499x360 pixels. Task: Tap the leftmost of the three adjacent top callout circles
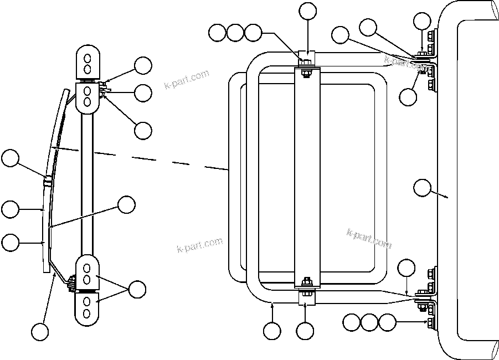tap(218, 33)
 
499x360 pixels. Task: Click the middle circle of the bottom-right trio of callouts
tap(369, 322)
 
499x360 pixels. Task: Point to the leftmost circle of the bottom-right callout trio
tap(352, 322)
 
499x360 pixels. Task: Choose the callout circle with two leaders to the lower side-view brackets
tap(137, 289)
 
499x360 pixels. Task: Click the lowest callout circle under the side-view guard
tap(39, 332)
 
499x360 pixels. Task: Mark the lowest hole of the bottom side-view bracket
tap(87, 314)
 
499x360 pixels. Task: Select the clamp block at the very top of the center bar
tap(307, 57)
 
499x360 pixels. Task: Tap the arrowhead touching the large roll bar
tap(446, 196)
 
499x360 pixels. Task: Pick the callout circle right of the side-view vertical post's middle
tap(127, 204)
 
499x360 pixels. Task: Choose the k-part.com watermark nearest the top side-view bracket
tap(187, 79)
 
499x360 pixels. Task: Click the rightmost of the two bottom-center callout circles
tap(305, 331)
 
